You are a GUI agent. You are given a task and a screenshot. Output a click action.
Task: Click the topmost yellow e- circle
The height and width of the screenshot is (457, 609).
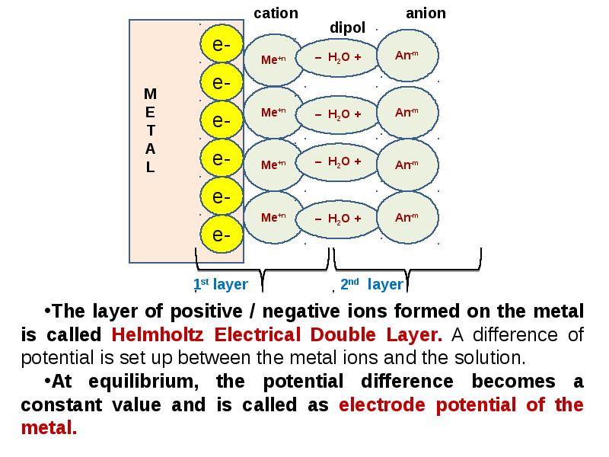point(222,43)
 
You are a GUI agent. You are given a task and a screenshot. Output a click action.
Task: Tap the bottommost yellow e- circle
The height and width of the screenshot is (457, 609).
point(222,234)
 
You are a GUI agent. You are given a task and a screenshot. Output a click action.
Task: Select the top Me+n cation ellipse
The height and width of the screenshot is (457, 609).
point(273,60)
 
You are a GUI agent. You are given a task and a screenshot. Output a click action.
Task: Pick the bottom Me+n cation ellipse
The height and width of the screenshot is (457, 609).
point(273,217)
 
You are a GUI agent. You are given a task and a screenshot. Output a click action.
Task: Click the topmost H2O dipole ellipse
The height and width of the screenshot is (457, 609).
point(337,58)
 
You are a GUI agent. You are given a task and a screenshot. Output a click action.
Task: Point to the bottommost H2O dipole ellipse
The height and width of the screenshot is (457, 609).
point(337,219)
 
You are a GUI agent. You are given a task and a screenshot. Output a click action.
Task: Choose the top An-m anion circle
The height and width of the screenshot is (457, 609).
point(407,56)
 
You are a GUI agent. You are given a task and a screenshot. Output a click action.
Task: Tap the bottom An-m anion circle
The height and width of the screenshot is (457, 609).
point(407,218)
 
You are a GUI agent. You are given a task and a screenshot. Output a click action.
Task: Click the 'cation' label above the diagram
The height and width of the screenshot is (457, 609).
point(276,13)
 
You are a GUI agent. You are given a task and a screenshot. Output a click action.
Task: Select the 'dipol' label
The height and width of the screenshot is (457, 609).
point(347,28)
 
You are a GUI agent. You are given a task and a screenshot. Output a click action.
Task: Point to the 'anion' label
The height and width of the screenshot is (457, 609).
point(426,13)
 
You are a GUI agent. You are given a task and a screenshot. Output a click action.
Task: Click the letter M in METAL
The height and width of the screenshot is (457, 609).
point(150,94)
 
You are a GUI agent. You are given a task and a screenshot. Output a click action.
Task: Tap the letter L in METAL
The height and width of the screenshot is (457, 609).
point(150,167)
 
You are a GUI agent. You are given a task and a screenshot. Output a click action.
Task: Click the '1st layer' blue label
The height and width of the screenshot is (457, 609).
point(221,284)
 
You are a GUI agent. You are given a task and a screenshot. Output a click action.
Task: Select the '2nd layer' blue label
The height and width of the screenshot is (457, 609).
point(371,284)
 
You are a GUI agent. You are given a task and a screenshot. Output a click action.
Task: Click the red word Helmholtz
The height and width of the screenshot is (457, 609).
point(158,334)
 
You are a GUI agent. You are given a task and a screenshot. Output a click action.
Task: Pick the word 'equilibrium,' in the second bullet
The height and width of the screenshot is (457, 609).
point(143,382)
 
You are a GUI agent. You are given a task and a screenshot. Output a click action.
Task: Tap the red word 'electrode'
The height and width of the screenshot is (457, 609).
point(382,405)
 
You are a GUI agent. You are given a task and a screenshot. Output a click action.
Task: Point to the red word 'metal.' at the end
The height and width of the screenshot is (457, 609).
point(49,428)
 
